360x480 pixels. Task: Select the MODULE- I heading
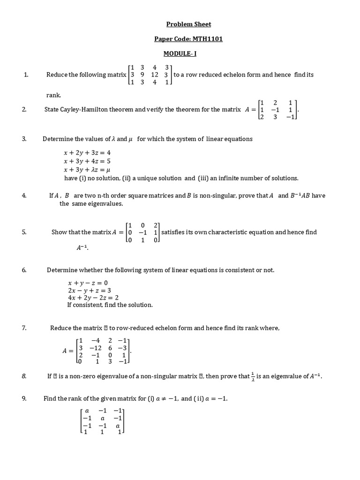[x=180, y=53]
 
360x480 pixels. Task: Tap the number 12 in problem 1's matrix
[x=155, y=75]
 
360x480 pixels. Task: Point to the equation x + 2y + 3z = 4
[x=87, y=153]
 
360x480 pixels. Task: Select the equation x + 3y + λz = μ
[x=87, y=170]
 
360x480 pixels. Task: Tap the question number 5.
[x=24, y=232]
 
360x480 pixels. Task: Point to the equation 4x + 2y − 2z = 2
[x=93, y=298]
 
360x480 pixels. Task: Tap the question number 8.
[x=24, y=376]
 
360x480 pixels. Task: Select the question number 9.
[x=24, y=398]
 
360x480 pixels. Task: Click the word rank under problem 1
[x=53, y=95]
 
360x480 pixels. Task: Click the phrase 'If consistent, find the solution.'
[x=110, y=305]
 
